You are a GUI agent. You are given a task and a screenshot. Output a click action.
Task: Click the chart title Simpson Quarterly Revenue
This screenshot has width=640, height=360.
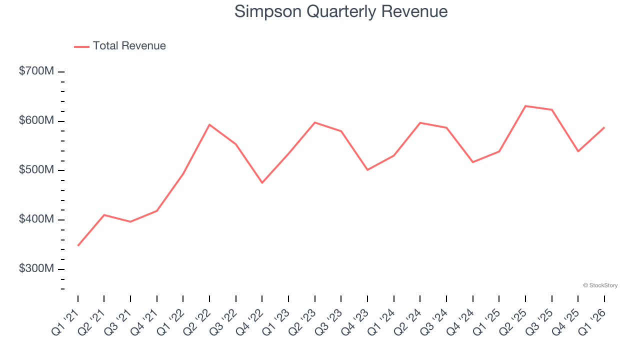[x=341, y=11]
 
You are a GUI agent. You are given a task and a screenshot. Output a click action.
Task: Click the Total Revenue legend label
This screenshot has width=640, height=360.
[x=129, y=46]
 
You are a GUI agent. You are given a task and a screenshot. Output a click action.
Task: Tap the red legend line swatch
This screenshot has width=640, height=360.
[x=81, y=46]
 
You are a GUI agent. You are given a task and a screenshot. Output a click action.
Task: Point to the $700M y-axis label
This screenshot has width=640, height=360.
[x=36, y=71]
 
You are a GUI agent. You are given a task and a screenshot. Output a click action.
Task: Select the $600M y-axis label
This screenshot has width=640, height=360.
[x=36, y=121]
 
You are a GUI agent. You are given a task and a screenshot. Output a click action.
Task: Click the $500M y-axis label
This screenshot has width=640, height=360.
[x=36, y=170]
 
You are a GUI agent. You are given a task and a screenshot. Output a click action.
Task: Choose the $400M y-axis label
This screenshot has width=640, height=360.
[x=36, y=219]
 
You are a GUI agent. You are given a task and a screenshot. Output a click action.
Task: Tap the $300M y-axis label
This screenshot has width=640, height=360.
[x=36, y=269]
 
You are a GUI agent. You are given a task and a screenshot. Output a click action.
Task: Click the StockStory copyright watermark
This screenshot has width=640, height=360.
[x=600, y=285]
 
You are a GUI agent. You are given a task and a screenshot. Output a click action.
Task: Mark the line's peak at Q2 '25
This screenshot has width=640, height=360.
[x=525, y=106]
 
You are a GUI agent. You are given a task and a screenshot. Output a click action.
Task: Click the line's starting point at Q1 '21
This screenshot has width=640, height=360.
[x=78, y=245]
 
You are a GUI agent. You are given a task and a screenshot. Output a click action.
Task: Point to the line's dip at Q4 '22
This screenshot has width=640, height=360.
[x=262, y=182]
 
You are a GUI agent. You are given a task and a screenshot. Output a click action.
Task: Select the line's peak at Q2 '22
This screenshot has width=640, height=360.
[x=209, y=124]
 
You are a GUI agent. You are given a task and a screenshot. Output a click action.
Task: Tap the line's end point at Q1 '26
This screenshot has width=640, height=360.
[x=604, y=127]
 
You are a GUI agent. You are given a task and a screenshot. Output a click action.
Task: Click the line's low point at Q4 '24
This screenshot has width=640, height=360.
[x=472, y=162]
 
